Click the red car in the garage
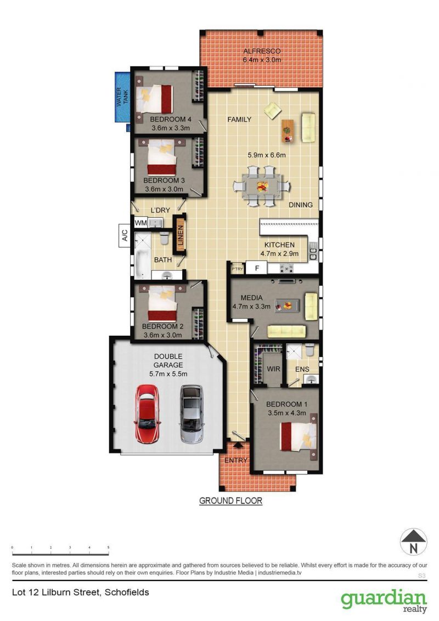[x=147, y=414]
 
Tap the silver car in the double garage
[x=192, y=414]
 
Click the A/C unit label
[x=125, y=236]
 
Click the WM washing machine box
[x=141, y=223]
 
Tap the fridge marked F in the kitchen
[x=257, y=268]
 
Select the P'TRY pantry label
[x=237, y=269]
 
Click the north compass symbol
[x=413, y=542]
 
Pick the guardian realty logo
[x=384, y=601]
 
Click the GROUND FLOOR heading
[x=230, y=501]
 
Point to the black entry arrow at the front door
[x=238, y=445]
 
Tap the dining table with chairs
[x=262, y=186]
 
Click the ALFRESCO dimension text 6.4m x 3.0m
[x=262, y=60]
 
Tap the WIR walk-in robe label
[x=273, y=369]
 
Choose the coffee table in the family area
[x=288, y=131]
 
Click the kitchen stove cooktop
[x=286, y=268]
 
